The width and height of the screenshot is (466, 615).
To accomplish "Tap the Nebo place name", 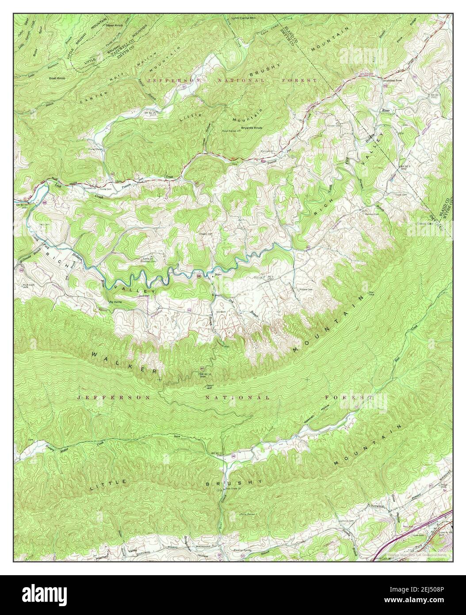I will (x=217, y=275).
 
